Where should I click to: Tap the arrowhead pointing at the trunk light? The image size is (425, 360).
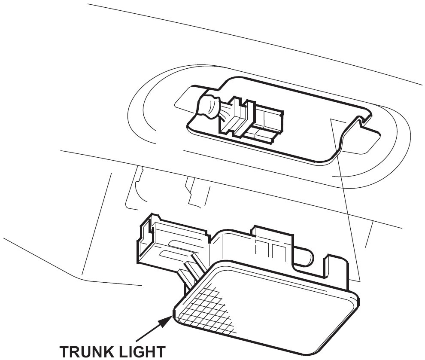pyautogui.click(x=168, y=319)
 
